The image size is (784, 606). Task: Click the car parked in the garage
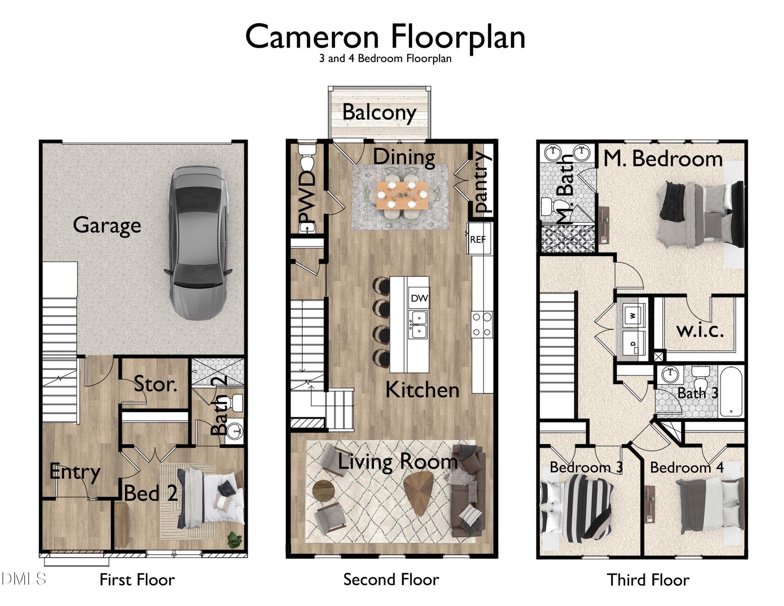point(197,243)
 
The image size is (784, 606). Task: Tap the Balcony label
point(379,112)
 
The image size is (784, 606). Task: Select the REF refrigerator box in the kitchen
point(478,239)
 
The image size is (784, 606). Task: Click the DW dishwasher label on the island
point(419,298)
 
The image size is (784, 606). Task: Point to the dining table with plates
point(402,194)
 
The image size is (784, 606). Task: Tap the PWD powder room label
point(307,196)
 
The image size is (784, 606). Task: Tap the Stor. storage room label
point(155,384)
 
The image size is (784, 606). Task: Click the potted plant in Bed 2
point(234,539)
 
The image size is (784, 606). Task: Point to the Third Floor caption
point(647,580)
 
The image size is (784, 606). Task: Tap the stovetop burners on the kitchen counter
point(482,324)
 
